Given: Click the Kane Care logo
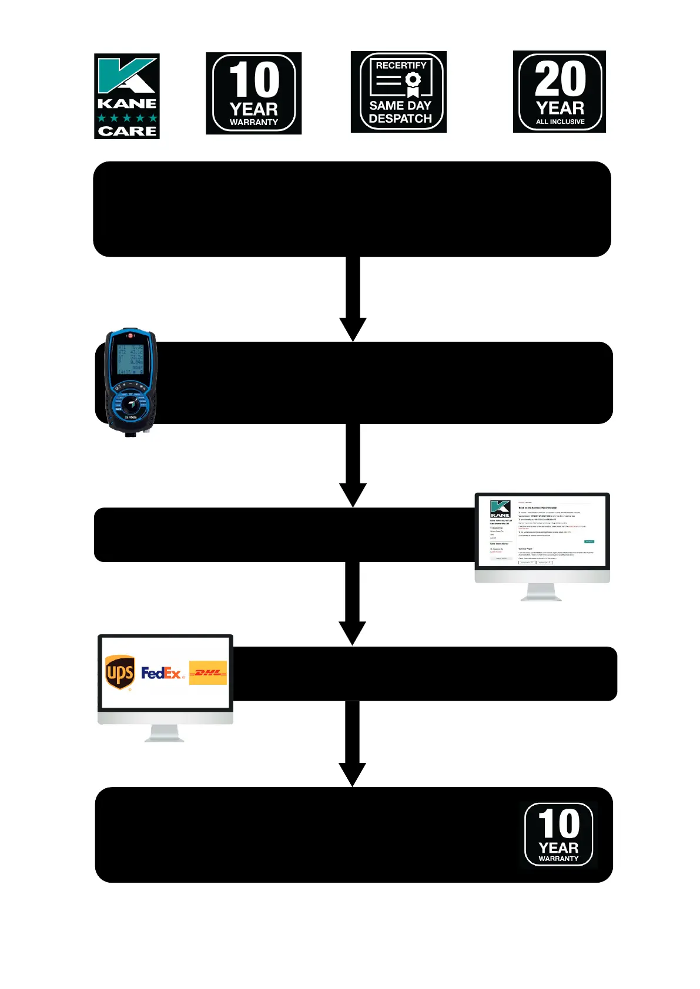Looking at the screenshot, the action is (x=127, y=96).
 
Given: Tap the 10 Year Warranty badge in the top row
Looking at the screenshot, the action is (x=253, y=93).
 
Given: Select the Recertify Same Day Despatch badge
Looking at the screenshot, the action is (x=398, y=92).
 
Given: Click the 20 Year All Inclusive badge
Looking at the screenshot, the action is (x=559, y=92).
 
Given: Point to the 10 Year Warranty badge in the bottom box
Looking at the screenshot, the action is (x=558, y=835).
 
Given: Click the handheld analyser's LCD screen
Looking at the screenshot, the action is (x=130, y=359).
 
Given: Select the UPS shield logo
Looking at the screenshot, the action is (x=120, y=672).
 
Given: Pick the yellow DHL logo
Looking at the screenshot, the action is (x=207, y=672).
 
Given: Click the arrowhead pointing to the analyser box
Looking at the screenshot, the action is (x=353, y=328).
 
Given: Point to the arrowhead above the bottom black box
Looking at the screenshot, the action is (x=353, y=773).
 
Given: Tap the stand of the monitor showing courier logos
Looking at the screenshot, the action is (x=164, y=734).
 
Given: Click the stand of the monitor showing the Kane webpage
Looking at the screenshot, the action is (x=541, y=593).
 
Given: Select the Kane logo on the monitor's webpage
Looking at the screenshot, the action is (x=500, y=509).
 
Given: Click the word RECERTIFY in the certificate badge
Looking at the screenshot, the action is (x=401, y=65).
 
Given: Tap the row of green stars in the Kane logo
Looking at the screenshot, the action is (x=127, y=118).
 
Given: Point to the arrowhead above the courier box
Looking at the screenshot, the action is (x=353, y=633).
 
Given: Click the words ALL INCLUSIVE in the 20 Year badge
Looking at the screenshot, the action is (x=560, y=122).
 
